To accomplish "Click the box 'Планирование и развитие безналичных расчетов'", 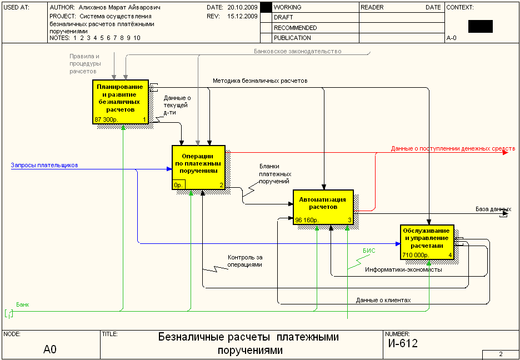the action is (121, 102).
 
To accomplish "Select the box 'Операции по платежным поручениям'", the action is (198, 167).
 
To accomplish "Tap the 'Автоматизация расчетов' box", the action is (323, 207).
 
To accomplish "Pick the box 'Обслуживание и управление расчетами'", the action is (427, 242).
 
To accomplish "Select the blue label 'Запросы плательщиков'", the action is (44, 165).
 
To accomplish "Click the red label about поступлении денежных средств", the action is (453, 148).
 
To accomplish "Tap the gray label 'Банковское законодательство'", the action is (297, 51).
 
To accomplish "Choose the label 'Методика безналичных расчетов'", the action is (261, 80).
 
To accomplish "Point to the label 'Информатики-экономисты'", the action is (403, 270).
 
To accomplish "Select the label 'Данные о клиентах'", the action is (383, 301).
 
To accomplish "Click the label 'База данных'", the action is (493, 209).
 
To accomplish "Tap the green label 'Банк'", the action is (23, 304).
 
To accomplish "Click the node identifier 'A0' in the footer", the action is (50, 349).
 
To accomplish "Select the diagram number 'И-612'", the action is (403, 344).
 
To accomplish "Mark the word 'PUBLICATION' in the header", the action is (292, 38).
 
